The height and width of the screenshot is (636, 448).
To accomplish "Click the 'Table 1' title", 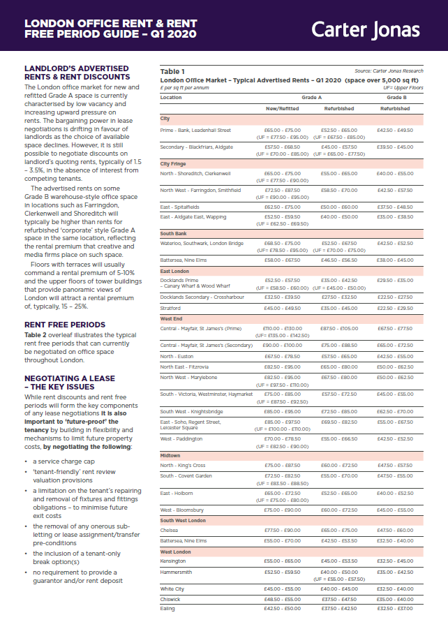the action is [x=172, y=71].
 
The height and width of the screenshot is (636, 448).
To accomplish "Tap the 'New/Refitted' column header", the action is [x=283, y=109].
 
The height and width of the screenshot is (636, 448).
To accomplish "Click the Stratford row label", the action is [x=171, y=308].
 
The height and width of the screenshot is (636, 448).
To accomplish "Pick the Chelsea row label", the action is [x=170, y=531].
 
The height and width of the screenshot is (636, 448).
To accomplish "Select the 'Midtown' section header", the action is [x=170, y=455].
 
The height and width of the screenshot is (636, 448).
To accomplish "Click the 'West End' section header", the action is [x=172, y=318].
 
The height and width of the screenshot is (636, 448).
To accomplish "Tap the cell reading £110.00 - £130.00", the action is [x=283, y=328].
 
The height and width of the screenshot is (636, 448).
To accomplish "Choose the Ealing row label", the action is [x=167, y=608].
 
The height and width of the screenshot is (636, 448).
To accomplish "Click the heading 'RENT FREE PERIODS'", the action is [x=64, y=325].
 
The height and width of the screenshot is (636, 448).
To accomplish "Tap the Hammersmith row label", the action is [x=175, y=572].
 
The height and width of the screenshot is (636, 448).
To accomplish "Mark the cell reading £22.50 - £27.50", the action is [x=395, y=297].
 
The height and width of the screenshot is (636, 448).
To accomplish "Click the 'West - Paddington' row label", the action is [x=181, y=438].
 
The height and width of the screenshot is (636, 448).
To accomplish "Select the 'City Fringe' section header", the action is [x=173, y=163].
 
